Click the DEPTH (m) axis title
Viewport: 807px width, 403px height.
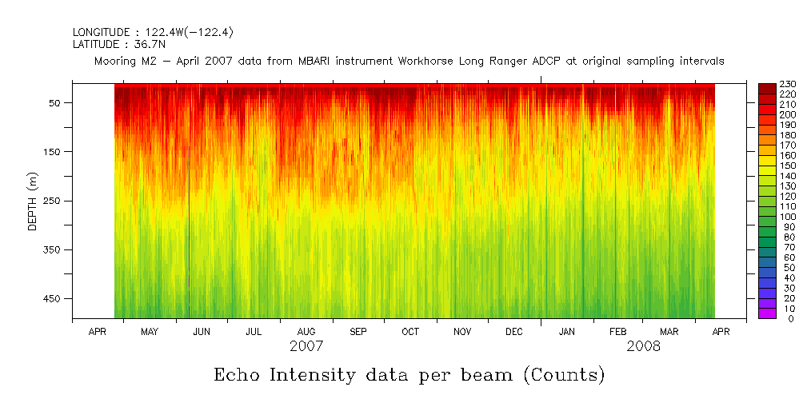33,201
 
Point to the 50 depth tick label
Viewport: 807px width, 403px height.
58,103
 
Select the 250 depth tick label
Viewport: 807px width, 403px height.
54,201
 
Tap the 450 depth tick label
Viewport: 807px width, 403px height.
54,299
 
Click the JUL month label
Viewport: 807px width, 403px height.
254,331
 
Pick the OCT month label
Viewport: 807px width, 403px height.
410,331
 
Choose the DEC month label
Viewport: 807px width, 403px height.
514,331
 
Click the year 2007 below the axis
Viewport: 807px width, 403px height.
306,347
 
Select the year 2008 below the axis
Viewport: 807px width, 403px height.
645,347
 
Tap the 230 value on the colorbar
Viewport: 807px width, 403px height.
786,84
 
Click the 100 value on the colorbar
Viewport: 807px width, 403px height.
786,217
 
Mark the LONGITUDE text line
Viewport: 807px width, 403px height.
153,32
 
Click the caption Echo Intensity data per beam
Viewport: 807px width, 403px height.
409,374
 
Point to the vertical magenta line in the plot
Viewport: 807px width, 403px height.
189,216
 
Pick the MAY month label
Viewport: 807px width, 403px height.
150,331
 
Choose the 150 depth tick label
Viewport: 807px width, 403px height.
54,152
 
